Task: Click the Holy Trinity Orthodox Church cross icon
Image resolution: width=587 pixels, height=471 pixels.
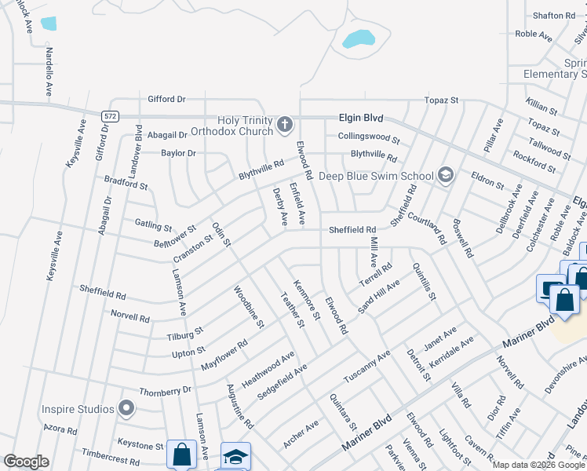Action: coord(285,124)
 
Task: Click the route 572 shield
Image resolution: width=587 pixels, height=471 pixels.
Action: coord(110,115)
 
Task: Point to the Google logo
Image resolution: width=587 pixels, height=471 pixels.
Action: coord(26,462)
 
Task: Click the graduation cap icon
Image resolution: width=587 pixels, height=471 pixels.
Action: coord(235,457)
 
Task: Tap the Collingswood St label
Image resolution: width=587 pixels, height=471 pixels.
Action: coord(369,138)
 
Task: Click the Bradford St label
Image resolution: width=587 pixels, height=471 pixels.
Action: coord(126,184)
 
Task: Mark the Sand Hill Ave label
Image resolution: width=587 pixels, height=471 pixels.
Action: coord(379,295)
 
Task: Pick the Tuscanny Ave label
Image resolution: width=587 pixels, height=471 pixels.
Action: coord(366,366)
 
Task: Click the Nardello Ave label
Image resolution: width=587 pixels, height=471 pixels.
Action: coord(49,71)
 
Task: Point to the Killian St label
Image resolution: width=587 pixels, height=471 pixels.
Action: coord(542,107)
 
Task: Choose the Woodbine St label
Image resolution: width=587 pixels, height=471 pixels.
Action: coord(249,307)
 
